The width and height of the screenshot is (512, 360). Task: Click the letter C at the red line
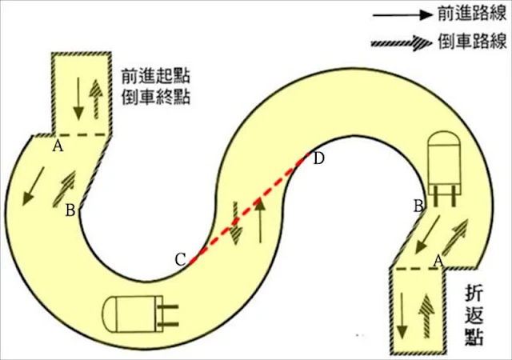click(181, 259)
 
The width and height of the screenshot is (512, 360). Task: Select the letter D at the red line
click(318, 158)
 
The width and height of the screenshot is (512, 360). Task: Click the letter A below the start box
click(57, 146)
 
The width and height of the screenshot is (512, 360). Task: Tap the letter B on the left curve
click(70, 210)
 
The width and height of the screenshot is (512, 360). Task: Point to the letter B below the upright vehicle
click(418, 206)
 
